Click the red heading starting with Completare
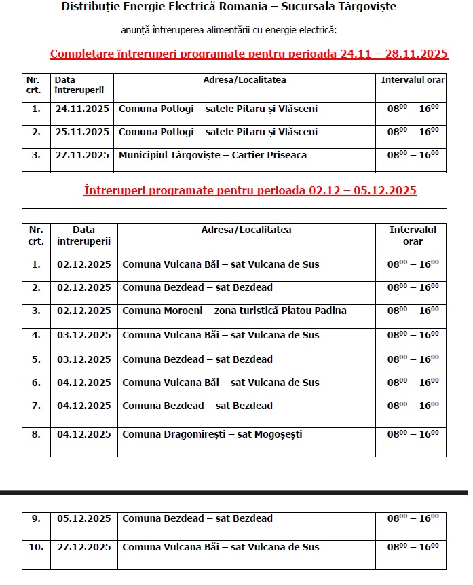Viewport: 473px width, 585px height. click(x=249, y=54)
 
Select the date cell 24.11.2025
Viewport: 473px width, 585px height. click(x=82, y=109)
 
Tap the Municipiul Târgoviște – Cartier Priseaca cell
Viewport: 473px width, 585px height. click(x=212, y=155)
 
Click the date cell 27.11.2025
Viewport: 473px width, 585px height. click(x=82, y=155)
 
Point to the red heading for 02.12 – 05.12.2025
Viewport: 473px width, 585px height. click(x=250, y=190)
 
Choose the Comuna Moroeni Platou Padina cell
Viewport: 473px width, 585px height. click(x=234, y=311)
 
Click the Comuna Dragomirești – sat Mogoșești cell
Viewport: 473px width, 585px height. click(x=212, y=434)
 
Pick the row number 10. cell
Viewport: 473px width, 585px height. click(x=36, y=547)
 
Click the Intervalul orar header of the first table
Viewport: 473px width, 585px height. click(x=413, y=80)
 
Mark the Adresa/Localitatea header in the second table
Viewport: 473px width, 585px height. click(x=246, y=230)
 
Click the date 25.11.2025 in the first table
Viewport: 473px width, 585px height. click(x=82, y=132)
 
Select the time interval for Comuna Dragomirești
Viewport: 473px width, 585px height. click(x=413, y=434)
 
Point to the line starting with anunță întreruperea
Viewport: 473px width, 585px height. click(x=229, y=30)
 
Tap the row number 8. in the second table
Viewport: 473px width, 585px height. click(x=36, y=434)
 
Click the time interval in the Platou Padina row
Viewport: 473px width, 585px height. click(x=413, y=311)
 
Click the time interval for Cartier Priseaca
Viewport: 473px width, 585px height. click(x=413, y=155)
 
